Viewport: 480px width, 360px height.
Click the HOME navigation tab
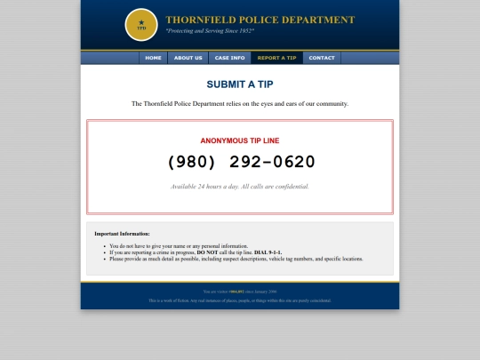click(153, 58)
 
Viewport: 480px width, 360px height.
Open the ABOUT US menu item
click(188, 58)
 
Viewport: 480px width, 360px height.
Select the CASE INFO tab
click(229, 58)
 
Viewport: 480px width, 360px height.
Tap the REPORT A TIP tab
click(276, 58)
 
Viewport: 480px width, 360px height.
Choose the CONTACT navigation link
click(322, 58)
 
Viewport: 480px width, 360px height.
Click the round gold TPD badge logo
click(141, 25)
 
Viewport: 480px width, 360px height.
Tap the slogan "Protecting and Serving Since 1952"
click(210, 31)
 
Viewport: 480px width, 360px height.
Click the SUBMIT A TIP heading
click(239, 84)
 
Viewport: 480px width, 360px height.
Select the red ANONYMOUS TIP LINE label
click(239, 140)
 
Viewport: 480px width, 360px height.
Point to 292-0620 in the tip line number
click(272, 162)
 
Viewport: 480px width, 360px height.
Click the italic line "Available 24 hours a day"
click(239, 187)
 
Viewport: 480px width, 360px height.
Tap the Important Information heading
click(122, 234)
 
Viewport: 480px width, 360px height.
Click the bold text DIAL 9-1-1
click(268, 252)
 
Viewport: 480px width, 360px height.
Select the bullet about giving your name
click(179, 246)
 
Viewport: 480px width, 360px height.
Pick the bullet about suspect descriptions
click(236, 259)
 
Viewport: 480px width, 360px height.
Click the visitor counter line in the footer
click(239, 291)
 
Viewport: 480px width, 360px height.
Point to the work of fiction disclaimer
click(239, 300)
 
